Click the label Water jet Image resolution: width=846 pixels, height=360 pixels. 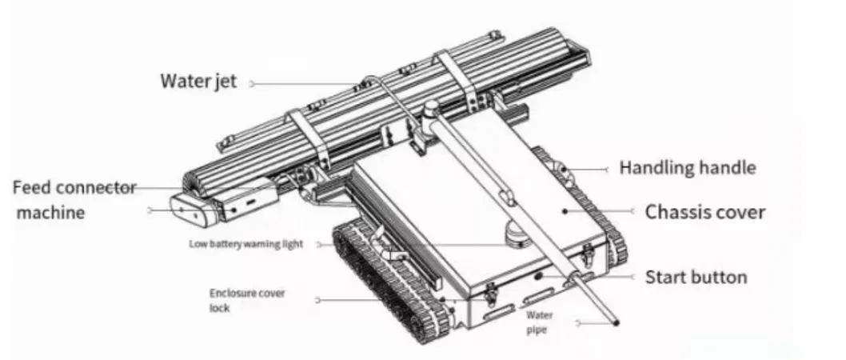198,82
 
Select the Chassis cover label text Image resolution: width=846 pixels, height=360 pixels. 705,213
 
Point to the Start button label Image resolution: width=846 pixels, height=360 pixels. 696,278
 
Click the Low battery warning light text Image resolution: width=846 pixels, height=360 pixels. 245,244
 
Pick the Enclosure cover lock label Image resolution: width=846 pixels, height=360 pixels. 246,300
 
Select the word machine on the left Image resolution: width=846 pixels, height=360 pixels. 52,212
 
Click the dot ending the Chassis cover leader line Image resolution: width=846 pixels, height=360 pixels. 565,212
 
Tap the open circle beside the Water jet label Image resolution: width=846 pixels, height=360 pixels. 252,82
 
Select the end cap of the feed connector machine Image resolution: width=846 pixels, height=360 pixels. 187,210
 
